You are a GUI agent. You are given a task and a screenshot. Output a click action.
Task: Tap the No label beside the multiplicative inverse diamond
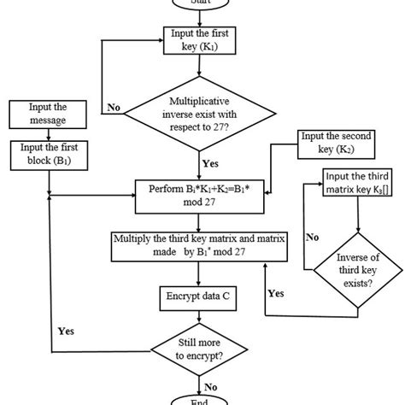[113, 109]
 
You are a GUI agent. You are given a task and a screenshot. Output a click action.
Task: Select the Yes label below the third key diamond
[277, 292]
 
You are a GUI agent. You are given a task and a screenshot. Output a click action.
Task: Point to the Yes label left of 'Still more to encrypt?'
[66, 331]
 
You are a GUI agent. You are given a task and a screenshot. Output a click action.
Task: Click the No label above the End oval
[209, 384]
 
